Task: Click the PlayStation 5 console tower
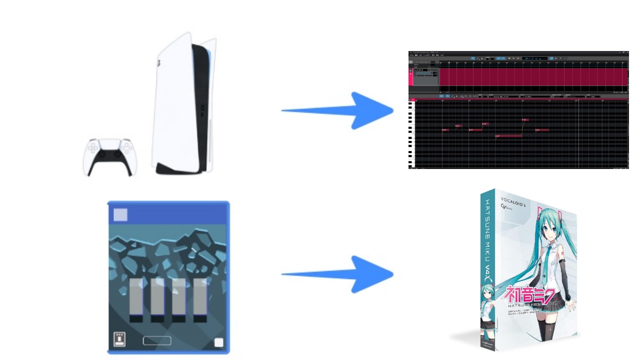pyautogui.click(x=184, y=105)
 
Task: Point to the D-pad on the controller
pyautogui.click(x=92, y=148)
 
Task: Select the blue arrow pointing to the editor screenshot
pyautogui.click(x=340, y=110)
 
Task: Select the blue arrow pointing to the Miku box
pyautogui.click(x=340, y=274)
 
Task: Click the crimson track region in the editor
pyautogui.click(x=532, y=77)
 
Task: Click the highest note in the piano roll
pyautogui.click(x=525, y=120)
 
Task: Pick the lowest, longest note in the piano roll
pyautogui.click(x=508, y=135)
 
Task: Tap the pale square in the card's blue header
pyautogui.click(x=120, y=215)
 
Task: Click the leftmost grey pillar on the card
pyautogui.click(x=136, y=299)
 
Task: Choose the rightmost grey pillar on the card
pyautogui.click(x=200, y=299)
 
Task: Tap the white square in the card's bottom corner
pyautogui.click(x=218, y=342)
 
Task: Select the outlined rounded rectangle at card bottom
pyautogui.click(x=157, y=341)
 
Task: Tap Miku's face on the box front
pyautogui.click(x=548, y=231)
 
